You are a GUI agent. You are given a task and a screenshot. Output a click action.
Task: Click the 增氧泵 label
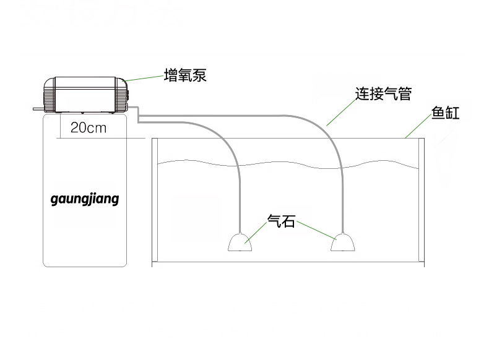click(184, 75)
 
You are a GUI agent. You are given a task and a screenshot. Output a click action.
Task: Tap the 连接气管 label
click(383, 94)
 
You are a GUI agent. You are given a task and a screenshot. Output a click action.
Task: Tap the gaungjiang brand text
click(84, 200)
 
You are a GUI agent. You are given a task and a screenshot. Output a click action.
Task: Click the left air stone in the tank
click(239, 242)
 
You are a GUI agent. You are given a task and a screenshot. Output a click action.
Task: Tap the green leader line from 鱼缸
click(420, 127)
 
